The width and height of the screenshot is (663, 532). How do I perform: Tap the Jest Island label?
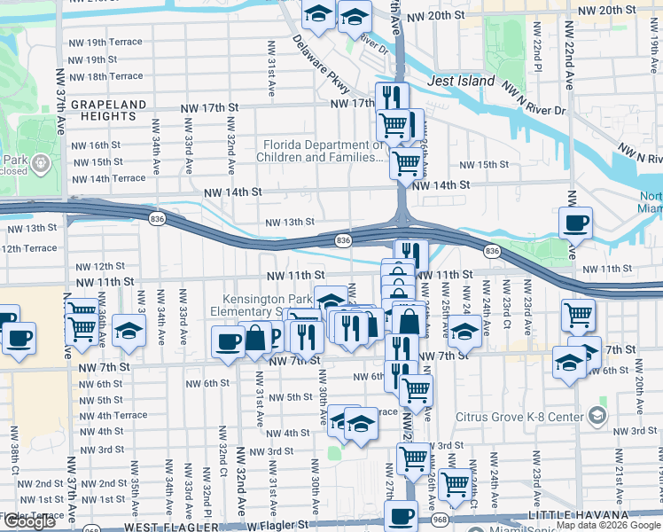pos(460,81)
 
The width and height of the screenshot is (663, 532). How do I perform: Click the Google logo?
pos(29,521)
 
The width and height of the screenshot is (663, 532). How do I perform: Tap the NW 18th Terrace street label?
pos(105,77)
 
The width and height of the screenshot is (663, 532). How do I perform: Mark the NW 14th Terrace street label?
pos(109,178)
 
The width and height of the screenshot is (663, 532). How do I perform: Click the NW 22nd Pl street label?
pos(537,52)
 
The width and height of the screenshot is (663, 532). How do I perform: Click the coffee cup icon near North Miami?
pos(576,225)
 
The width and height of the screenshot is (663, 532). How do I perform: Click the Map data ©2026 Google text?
pos(607,526)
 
